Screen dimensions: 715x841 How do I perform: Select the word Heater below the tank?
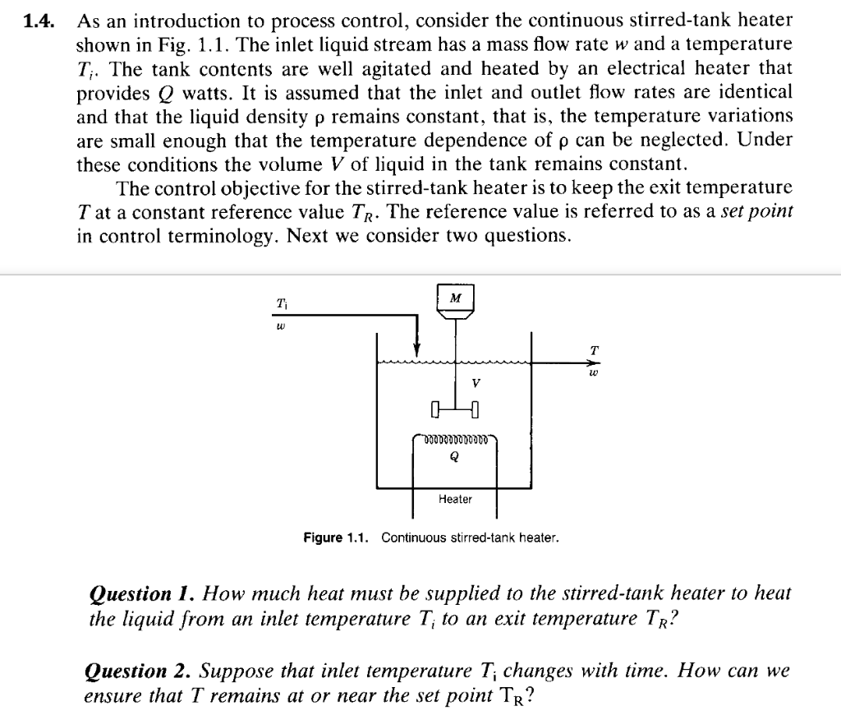(x=455, y=499)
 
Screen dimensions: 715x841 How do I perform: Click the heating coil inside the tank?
(x=455, y=441)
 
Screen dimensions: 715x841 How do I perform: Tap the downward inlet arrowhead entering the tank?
(x=417, y=348)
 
